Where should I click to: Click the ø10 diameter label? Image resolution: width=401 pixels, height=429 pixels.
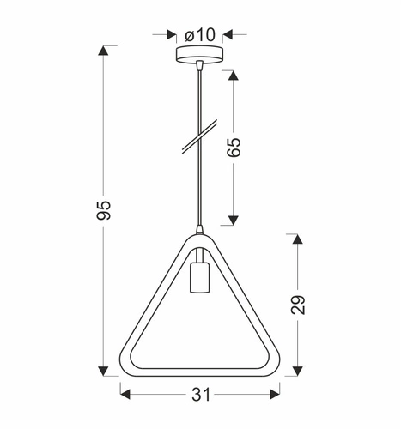199,34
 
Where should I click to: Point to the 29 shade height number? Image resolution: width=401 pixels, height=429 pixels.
298,304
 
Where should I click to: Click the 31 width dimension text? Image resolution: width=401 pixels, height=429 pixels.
199,396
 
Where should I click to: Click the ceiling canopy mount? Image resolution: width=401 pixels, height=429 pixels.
198,55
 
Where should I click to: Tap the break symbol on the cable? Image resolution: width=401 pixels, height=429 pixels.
198,138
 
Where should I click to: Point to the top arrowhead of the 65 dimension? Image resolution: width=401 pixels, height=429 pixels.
233,73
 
